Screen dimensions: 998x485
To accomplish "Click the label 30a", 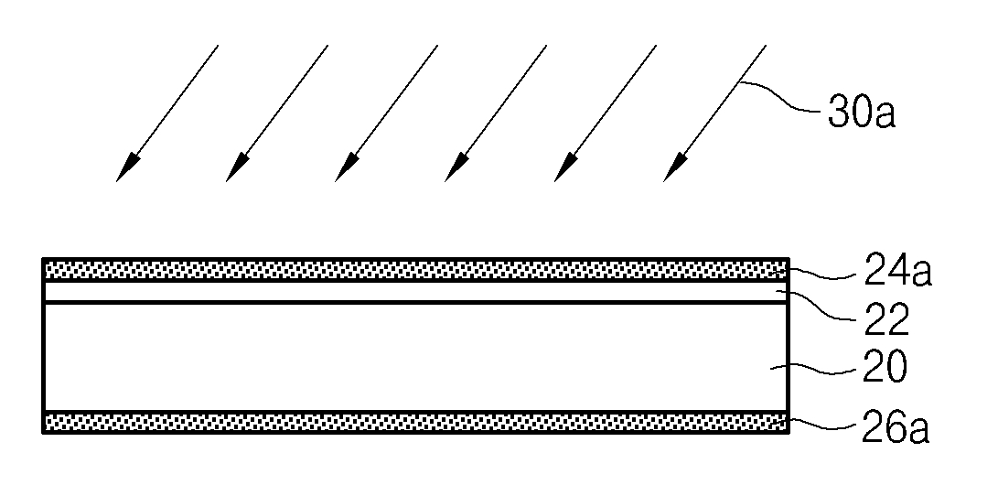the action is (x=861, y=112).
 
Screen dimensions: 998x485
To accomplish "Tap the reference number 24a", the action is (x=897, y=271).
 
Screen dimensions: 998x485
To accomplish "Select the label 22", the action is (x=886, y=319).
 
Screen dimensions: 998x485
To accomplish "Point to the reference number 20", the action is (x=884, y=367).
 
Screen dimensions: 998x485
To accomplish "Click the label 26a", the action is (x=896, y=427).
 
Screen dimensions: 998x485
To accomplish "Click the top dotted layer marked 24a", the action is (x=416, y=270).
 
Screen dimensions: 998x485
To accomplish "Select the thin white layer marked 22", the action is (x=416, y=291).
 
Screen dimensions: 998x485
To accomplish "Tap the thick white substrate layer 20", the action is (x=416, y=358).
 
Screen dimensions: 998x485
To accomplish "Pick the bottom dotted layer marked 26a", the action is (x=416, y=423).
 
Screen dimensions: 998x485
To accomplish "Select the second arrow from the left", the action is (x=277, y=113).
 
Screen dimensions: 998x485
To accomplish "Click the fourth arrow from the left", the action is (x=496, y=113).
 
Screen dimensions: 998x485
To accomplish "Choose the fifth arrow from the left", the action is (x=606, y=113).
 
